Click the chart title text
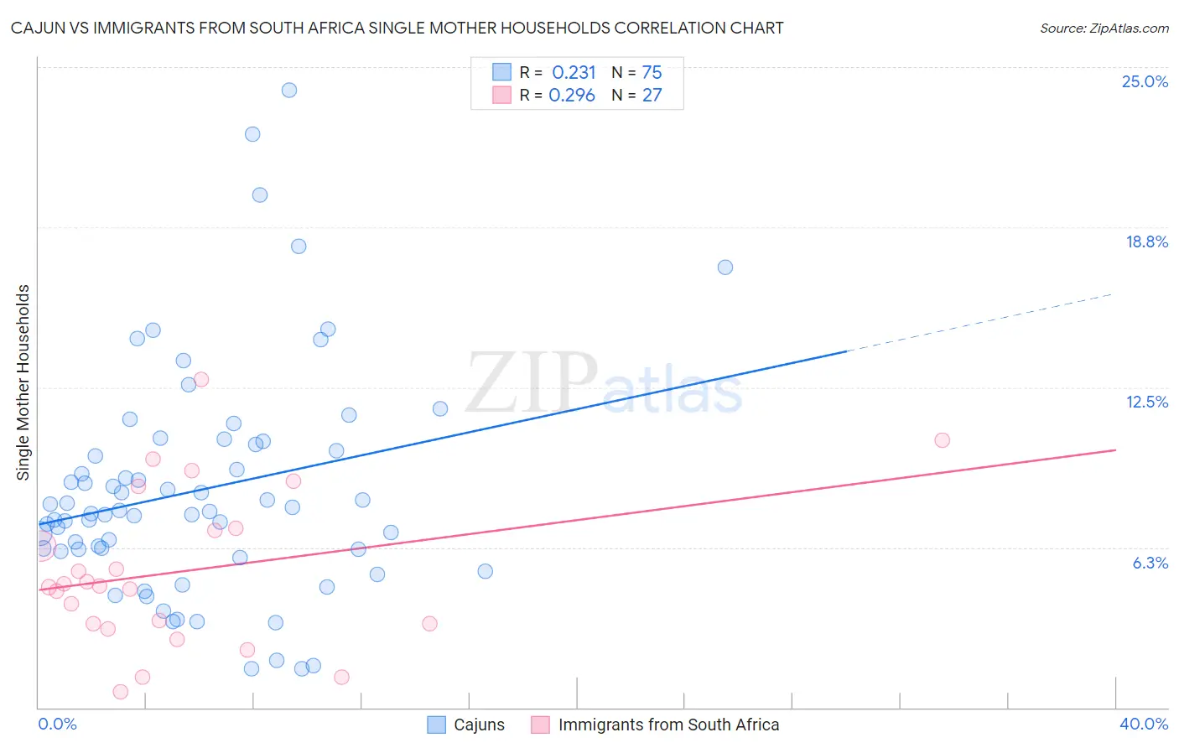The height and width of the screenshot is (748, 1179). coord(397,28)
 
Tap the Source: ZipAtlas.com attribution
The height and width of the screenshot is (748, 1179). coord(1104,29)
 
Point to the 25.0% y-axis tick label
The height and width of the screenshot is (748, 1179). coord(1145,81)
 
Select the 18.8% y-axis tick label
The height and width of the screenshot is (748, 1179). coord(1146,242)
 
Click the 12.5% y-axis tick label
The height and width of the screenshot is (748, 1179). coord(1146,402)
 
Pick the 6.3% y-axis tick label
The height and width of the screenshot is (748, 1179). coord(1150,563)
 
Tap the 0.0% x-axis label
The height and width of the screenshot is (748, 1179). coord(57,724)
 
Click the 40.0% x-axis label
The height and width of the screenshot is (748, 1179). coord(1143,724)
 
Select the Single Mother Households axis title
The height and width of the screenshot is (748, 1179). coord(23,382)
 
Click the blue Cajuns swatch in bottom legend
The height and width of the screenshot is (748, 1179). coord(437,725)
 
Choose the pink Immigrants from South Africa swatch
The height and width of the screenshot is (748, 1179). coord(541,725)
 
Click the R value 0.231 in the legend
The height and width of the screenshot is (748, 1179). coord(574,73)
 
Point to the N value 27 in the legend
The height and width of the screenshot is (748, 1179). coord(652,96)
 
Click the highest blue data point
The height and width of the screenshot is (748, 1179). coord(289,90)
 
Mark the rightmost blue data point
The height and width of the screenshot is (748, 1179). coord(725,268)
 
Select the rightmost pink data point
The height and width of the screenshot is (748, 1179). coord(942,440)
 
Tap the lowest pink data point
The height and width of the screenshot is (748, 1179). coord(121,692)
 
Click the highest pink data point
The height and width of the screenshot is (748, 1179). coord(201,379)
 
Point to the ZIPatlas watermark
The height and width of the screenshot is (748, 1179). coord(604,384)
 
